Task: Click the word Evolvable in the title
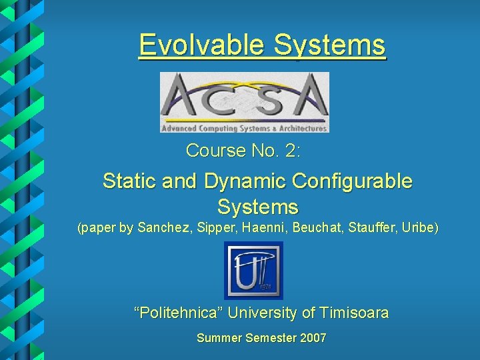201,45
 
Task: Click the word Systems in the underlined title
330,45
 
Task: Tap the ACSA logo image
244,102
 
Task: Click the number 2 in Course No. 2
291,151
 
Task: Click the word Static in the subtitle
129,181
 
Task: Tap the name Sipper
213,228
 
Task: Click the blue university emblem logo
253,271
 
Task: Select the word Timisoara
354,313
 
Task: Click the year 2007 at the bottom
313,338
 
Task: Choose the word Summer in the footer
219,338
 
